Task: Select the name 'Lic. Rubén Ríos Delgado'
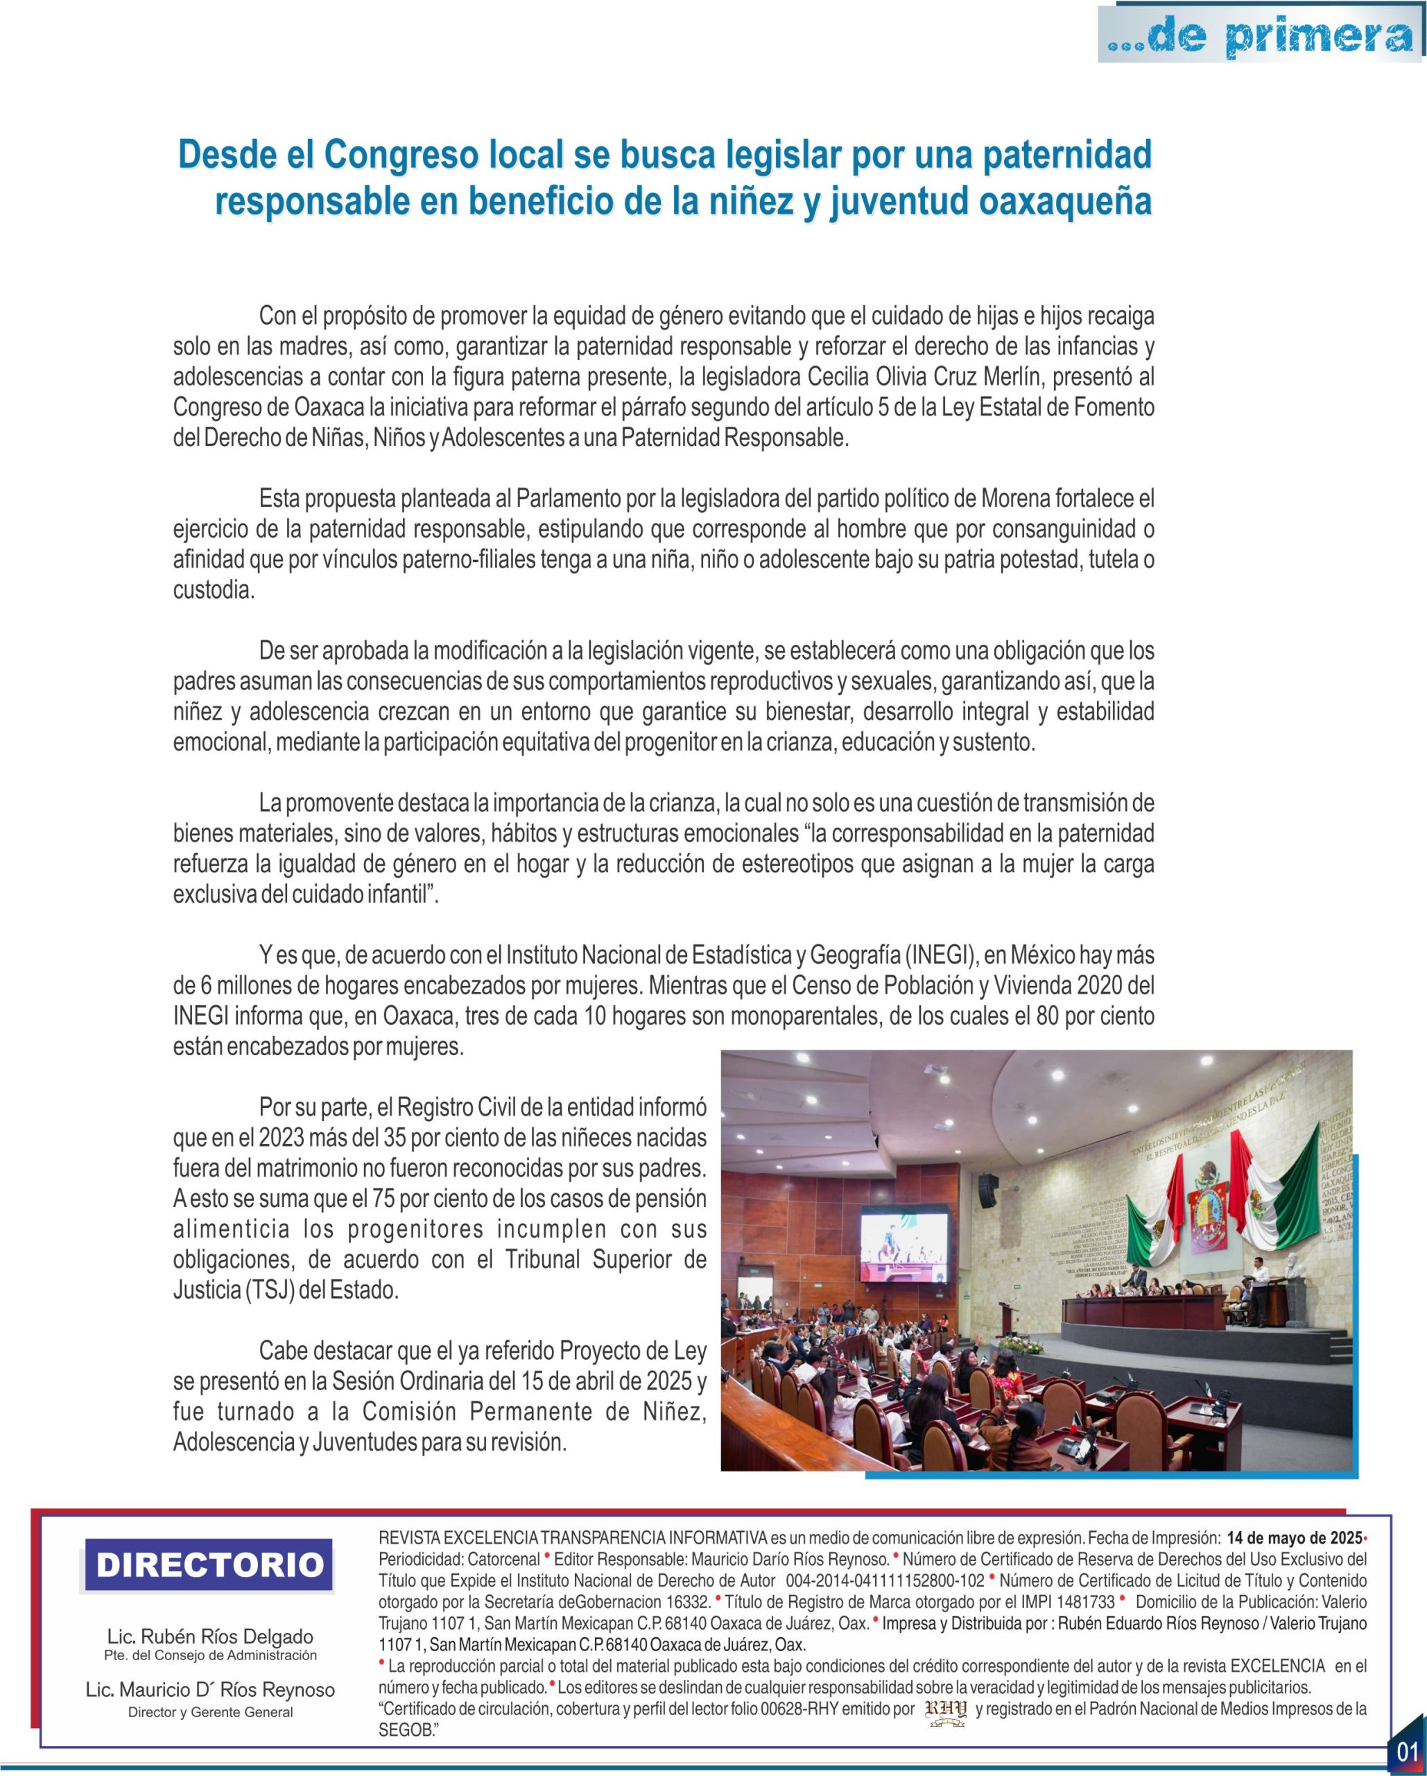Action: (x=210, y=1636)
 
